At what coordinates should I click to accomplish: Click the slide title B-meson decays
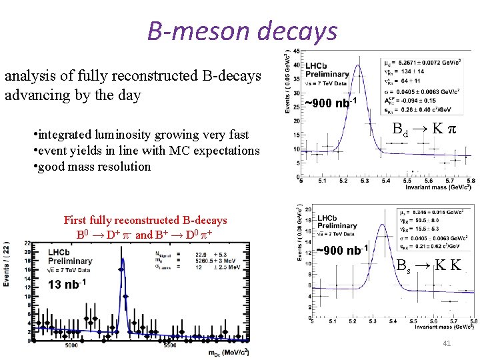click(242, 31)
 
